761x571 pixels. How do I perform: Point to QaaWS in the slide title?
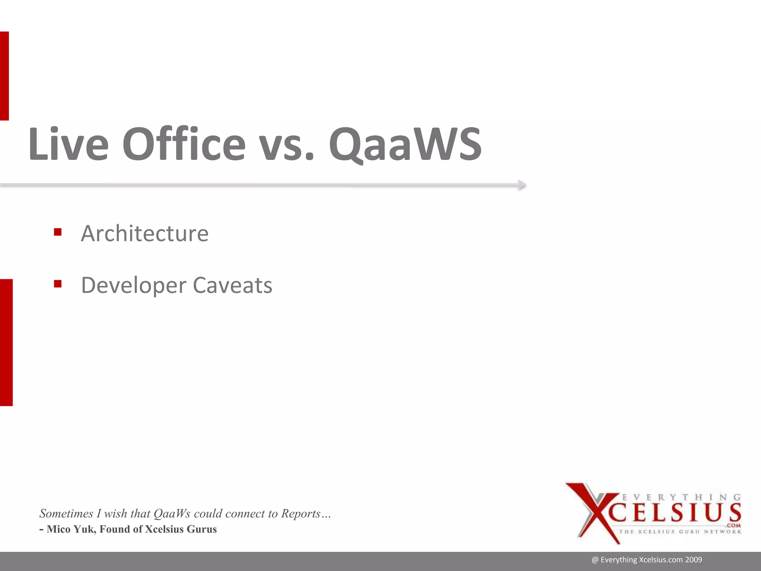coord(405,145)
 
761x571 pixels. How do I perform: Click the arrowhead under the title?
coord(522,185)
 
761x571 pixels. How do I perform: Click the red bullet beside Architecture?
coord(58,232)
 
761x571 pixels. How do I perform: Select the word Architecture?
coord(145,233)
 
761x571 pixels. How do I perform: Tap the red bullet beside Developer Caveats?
coord(58,284)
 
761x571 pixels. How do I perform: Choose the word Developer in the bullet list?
coord(133,285)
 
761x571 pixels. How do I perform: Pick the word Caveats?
coord(233,285)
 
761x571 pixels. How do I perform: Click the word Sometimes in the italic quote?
coord(66,513)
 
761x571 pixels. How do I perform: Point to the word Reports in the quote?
coord(301,513)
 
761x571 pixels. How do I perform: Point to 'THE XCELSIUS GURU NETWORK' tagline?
coord(680,532)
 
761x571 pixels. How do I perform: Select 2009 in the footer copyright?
coord(694,560)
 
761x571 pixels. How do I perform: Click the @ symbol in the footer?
coord(595,560)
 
